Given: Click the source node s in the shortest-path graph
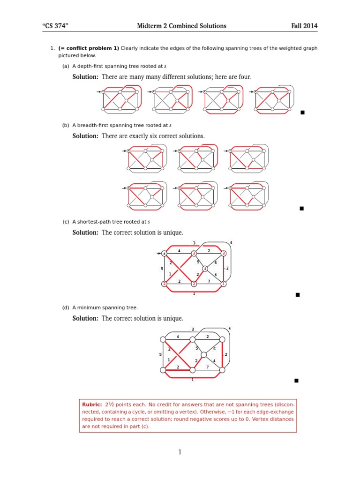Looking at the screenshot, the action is coord(164,254).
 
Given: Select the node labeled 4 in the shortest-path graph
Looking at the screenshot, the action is coord(205,269).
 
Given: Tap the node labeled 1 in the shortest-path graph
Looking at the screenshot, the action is coord(224,284).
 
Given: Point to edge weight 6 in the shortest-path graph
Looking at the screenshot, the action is coord(215,262).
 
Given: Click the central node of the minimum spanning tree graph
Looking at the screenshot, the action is coord(204,355).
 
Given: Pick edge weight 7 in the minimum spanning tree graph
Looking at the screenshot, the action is coord(208,367).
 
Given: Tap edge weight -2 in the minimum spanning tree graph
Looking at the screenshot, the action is coord(226,354).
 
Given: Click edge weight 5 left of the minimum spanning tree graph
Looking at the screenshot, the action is coord(160,354).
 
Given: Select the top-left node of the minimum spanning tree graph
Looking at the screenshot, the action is coord(163,339).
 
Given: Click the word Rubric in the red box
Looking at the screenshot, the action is coord(91,404).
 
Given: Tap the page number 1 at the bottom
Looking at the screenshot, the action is coord(180,452).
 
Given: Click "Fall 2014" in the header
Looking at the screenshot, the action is coord(304,26).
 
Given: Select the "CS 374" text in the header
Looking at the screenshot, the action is coord(55,26).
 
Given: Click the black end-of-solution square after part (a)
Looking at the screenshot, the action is coord(303,112).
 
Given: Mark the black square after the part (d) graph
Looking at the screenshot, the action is coord(296,381).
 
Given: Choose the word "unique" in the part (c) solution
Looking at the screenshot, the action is coord(173,232).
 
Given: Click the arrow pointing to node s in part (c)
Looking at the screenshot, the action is coord(158,254).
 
